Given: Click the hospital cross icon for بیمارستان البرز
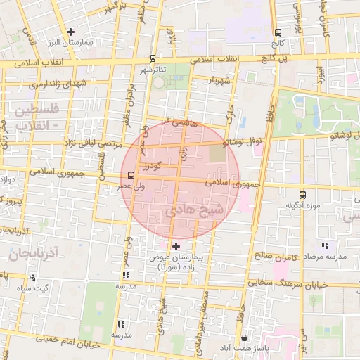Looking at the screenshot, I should [70, 32].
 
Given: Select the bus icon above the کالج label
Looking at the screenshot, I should [278, 32].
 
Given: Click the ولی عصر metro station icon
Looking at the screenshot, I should [131, 175].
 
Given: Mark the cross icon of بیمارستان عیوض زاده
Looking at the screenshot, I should [176, 246].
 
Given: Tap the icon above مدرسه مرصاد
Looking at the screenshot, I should [324, 245].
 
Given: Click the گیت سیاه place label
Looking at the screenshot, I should [33, 288].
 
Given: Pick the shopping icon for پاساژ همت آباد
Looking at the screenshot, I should [243, 338].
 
